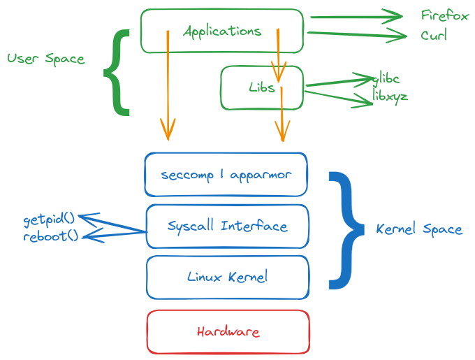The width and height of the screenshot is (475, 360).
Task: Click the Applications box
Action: (x=222, y=31)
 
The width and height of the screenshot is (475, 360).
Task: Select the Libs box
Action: (x=262, y=88)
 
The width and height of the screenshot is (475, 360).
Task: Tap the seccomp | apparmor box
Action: (x=226, y=174)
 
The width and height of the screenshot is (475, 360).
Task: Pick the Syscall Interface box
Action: (x=227, y=226)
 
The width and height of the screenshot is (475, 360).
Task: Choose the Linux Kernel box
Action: (x=227, y=277)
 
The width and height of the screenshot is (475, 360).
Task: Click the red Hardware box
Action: (x=228, y=331)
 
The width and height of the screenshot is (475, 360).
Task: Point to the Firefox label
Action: (x=444, y=16)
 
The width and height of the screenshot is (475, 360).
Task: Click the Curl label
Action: (x=434, y=35)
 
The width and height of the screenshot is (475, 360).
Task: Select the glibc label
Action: (x=387, y=79)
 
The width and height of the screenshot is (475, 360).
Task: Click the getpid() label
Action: (x=50, y=220)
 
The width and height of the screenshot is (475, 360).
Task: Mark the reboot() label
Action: (x=51, y=236)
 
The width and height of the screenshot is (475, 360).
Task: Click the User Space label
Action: (x=45, y=59)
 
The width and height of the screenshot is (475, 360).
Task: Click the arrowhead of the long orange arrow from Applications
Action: (x=168, y=131)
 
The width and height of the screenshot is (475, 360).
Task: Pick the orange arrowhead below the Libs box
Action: (x=282, y=131)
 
